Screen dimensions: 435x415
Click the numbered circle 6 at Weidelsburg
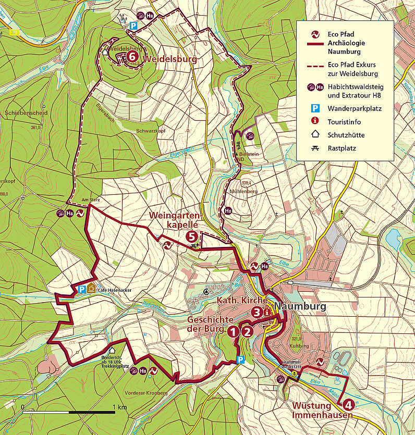tap(132, 55)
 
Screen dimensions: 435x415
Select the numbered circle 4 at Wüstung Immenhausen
tap(348, 403)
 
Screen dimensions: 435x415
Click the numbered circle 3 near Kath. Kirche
tap(257, 312)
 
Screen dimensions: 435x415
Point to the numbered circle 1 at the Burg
tap(233, 330)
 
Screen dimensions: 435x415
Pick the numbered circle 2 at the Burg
tap(247, 330)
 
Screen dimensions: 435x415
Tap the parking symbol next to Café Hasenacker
tap(81, 290)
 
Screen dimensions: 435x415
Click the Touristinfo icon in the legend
tap(315, 122)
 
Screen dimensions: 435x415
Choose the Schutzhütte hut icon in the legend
tap(315, 135)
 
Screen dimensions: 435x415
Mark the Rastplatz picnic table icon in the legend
tap(315, 148)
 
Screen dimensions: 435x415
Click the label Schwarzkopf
tap(151, 131)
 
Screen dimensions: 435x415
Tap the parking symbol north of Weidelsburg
tap(133, 26)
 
